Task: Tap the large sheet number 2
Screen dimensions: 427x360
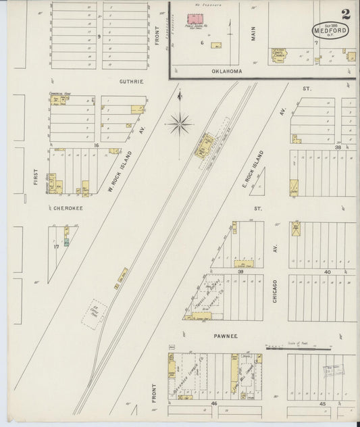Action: coord(346,14)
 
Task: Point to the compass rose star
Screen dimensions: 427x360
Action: coord(180,124)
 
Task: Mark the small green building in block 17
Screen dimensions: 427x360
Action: coord(66,241)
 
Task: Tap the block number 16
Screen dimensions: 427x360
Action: coord(97,145)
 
